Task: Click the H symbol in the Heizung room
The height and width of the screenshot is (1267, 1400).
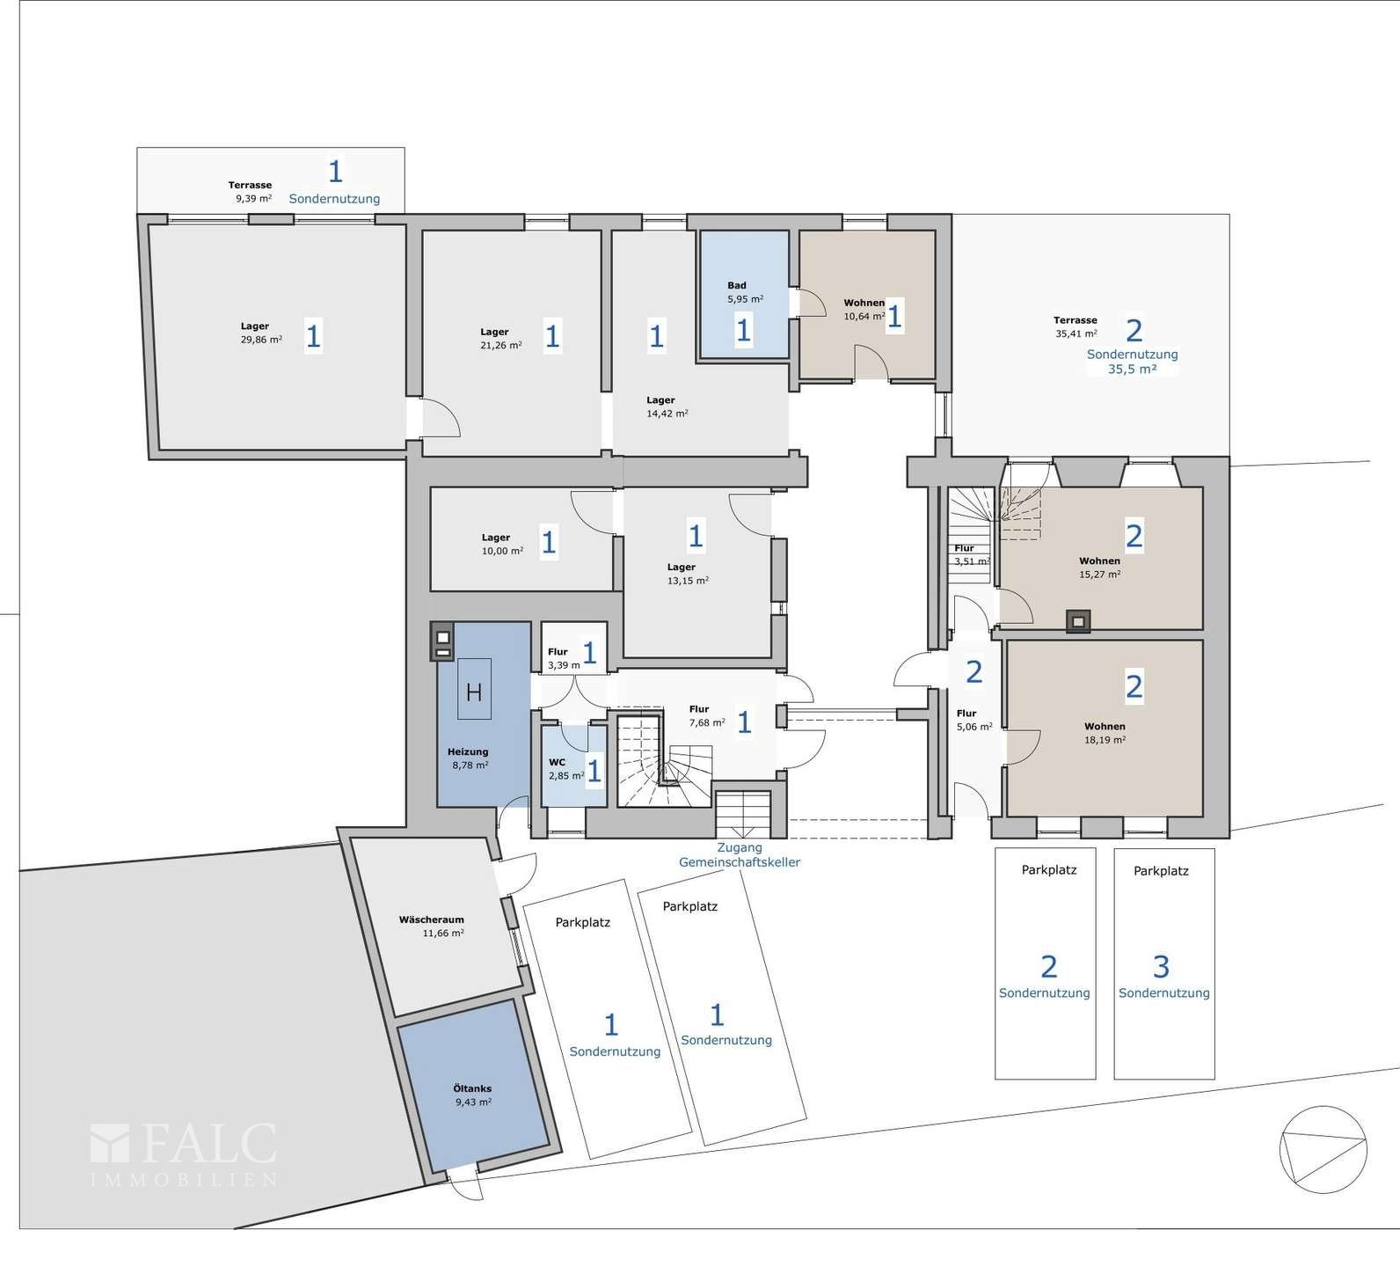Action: click(x=474, y=692)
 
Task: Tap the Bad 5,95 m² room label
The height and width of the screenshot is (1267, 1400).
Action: click(x=745, y=292)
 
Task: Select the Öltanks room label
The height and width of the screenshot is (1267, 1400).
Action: click(x=473, y=1095)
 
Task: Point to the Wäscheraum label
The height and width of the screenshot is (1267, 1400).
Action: click(x=431, y=926)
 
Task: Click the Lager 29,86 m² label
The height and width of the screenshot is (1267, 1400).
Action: click(x=261, y=333)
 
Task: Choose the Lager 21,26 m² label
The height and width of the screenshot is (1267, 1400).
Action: click(x=500, y=339)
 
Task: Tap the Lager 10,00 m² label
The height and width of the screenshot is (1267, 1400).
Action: click(x=502, y=544)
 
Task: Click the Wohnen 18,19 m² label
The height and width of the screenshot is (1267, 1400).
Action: click(x=1105, y=733)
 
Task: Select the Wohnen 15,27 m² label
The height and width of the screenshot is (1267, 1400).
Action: click(x=1099, y=568)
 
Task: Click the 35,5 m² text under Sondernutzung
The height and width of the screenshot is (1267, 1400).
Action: click(x=1132, y=370)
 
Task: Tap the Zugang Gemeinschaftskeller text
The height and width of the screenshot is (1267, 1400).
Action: click(x=740, y=855)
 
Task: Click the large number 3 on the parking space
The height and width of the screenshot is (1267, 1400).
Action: click(x=1161, y=967)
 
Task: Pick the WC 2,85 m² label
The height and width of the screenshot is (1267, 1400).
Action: click(x=566, y=769)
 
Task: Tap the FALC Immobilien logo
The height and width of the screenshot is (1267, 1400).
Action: click(x=184, y=1154)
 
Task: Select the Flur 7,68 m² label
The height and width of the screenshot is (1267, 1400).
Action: click(x=706, y=715)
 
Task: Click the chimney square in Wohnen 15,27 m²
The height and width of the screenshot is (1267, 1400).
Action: click(x=1078, y=621)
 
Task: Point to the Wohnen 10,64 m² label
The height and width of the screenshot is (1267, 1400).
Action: click(x=864, y=309)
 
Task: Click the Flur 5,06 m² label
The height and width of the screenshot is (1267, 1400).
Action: click(x=973, y=720)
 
